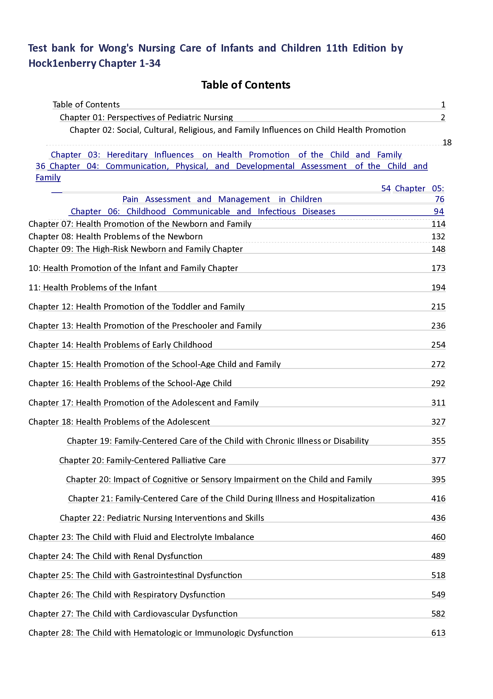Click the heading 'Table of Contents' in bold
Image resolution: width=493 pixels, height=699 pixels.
coord(245,85)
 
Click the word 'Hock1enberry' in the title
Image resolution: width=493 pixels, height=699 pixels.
coord(62,63)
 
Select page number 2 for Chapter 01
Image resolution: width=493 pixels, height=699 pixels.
coord(443,118)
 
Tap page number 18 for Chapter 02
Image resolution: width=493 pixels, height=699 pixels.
coord(447,142)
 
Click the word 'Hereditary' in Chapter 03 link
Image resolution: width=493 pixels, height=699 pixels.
coord(127,155)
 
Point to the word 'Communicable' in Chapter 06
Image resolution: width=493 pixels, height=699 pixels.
coord(201,212)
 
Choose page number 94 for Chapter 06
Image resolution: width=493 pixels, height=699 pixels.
coord(438,212)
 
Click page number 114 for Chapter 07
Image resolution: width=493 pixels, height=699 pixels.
coord(438,224)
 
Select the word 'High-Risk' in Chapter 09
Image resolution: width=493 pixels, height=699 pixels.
coord(111,249)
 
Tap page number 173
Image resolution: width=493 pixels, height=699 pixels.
coord(438,268)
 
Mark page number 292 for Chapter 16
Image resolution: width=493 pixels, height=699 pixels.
coord(438,383)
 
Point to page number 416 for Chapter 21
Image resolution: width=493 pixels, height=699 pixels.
coord(438,499)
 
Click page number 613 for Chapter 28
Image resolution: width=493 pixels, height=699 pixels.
coord(438,633)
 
